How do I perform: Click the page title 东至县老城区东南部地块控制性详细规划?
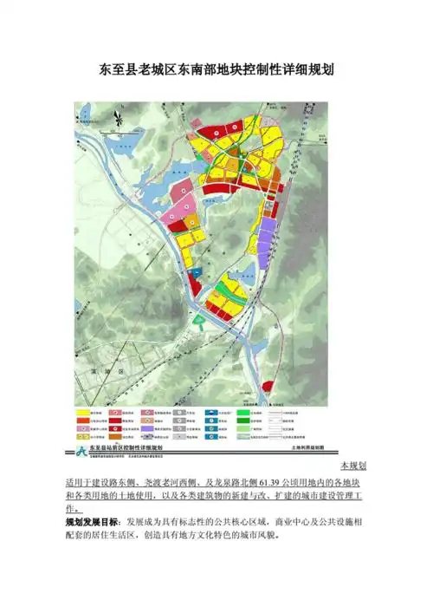pos(216,69)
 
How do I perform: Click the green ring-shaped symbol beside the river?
pos(201,321)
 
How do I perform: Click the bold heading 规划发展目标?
pos(92,524)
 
